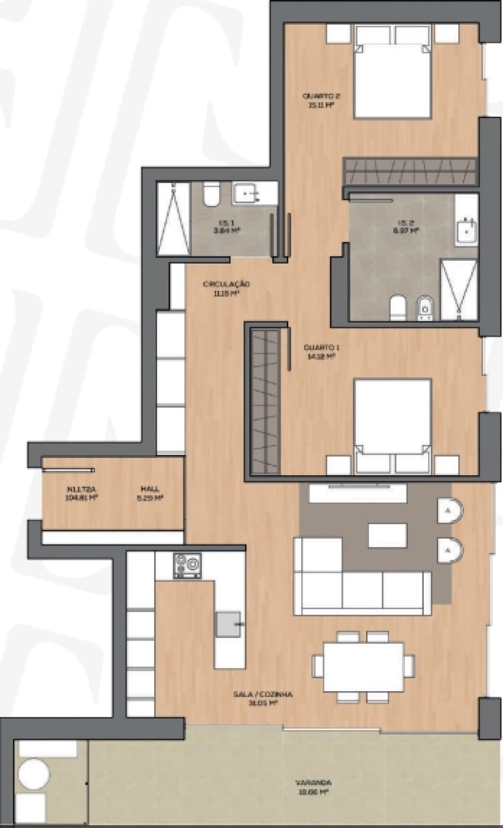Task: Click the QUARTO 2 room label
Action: pos(321,99)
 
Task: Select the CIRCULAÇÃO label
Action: pos(226,287)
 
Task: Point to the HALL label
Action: pos(150,492)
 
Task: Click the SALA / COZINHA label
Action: pos(263,698)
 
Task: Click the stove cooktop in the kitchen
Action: pos(187,565)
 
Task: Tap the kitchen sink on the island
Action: pos(229,623)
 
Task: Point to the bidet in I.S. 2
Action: pos(425,309)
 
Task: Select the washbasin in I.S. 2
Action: pos(466,230)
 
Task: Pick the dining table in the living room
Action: pos(364,667)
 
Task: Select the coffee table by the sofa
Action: pos(387,535)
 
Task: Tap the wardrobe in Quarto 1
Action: pos(265,401)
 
